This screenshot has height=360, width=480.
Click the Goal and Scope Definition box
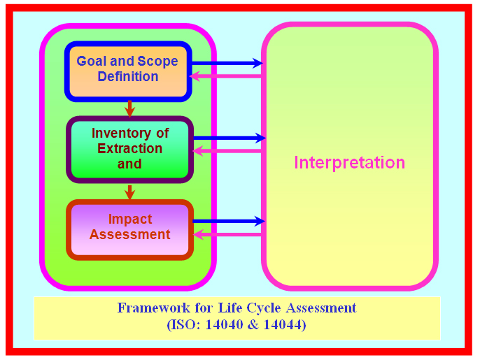(x=127, y=70)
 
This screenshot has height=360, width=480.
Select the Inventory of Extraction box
(x=129, y=149)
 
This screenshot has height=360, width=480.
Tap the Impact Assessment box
(x=129, y=228)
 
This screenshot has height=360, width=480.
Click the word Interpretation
(x=349, y=163)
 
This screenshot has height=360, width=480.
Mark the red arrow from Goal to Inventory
(x=129, y=108)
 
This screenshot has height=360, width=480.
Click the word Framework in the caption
(x=149, y=308)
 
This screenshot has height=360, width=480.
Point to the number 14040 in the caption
(x=224, y=325)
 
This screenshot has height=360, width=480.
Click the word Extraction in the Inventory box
(x=129, y=148)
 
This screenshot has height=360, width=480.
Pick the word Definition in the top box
(x=128, y=77)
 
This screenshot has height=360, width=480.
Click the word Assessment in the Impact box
(x=130, y=235)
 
